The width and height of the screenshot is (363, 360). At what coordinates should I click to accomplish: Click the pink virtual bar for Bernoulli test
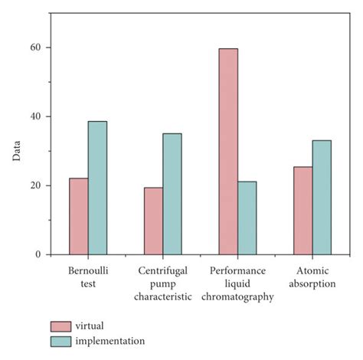point(78,216)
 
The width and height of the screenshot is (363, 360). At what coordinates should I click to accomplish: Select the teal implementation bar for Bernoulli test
point(97,188)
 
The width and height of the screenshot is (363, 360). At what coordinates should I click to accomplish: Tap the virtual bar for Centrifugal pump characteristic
point(153,221)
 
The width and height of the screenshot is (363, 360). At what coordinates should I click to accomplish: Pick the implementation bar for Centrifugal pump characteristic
point(172,194)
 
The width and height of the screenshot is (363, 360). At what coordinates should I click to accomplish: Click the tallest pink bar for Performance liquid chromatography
point(228,151)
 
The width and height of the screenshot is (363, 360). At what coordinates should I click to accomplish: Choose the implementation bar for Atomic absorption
point(322,197)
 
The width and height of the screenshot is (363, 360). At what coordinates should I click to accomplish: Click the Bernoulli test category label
point(87,277)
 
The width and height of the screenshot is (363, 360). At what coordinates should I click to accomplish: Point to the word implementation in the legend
point(112,341)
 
